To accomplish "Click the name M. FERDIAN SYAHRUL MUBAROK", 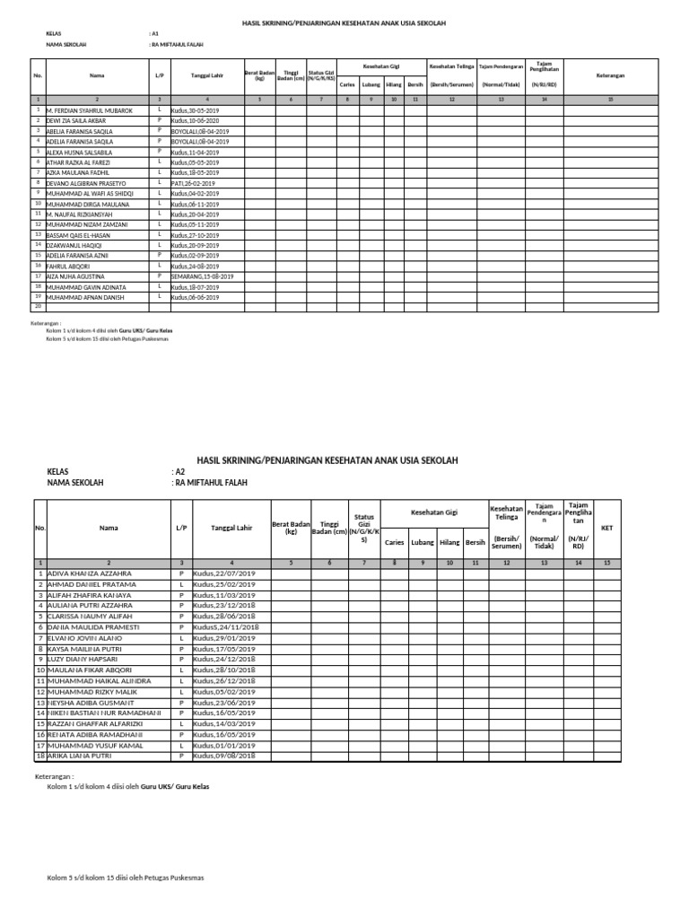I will point(89,110).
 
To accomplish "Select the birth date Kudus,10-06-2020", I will point(200,120).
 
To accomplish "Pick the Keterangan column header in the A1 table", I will point(610,76).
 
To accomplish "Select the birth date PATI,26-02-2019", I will point(198,183).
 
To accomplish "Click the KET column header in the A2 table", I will point(606,528).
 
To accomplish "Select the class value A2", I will point(179,471).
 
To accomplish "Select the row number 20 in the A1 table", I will point(39,307).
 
